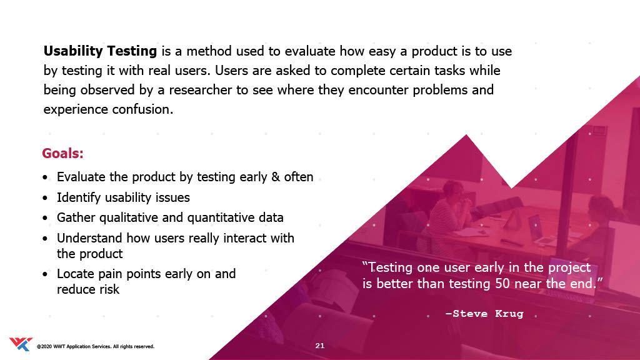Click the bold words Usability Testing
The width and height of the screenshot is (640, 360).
100,51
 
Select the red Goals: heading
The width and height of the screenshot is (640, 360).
63,154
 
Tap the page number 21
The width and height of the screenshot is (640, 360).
320,346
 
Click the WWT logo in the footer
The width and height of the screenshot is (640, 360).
21,344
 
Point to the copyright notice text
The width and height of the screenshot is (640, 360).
96,346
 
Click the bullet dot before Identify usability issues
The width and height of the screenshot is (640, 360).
45,198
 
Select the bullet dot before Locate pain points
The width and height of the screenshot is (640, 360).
45,274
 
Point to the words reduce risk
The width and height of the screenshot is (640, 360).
88,289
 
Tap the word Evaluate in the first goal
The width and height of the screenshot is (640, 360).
81,177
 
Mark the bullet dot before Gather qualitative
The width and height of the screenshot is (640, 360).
45,218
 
